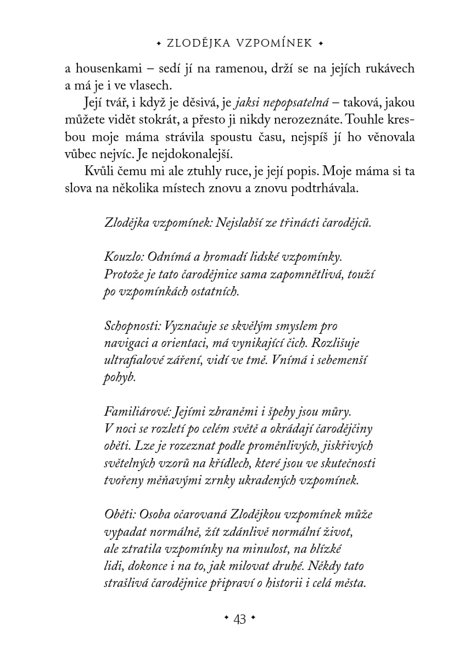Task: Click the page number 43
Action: (x=239, y=619)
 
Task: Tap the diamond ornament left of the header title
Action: (x=159, y=43)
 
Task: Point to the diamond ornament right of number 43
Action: (x=253, y=619)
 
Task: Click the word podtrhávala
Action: (x=328, y=188)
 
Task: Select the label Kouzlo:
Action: (x=122, y=256)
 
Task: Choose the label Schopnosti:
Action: (x=131, y=326)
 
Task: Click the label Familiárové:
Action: (x=137, y=411)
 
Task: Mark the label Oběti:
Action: (x=120, y=515)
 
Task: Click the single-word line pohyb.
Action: (x=119, y=378)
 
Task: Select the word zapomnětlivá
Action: (x=303, y=273)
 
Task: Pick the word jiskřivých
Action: (x=349, y=446)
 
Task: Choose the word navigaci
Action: (x=125, y=343)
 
